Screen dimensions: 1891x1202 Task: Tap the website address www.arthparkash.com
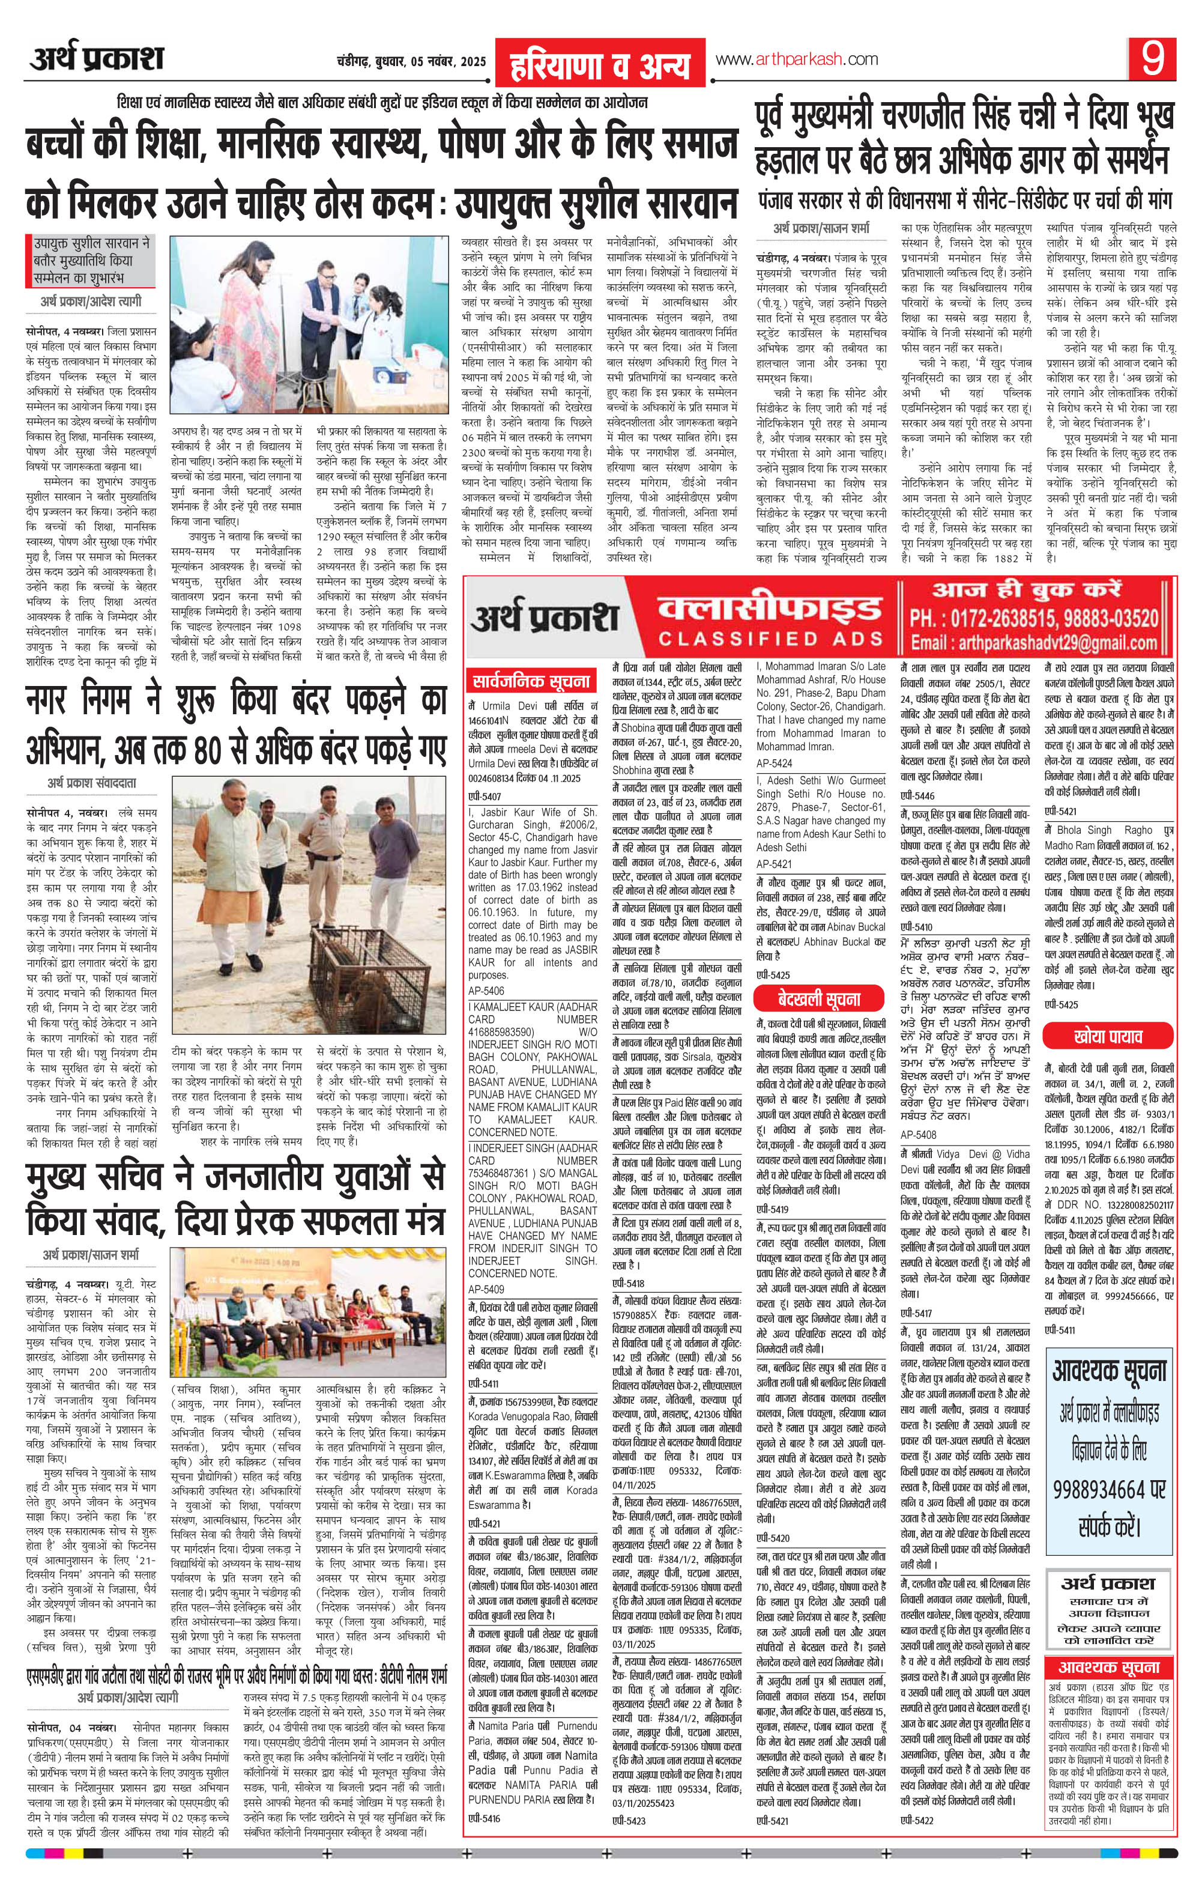click(796, 59)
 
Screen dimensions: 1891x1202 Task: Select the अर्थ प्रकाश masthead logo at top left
click(97, 59)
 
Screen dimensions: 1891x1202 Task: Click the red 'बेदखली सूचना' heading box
click(819, 999)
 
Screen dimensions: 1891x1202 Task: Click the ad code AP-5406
click(486, 991)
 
